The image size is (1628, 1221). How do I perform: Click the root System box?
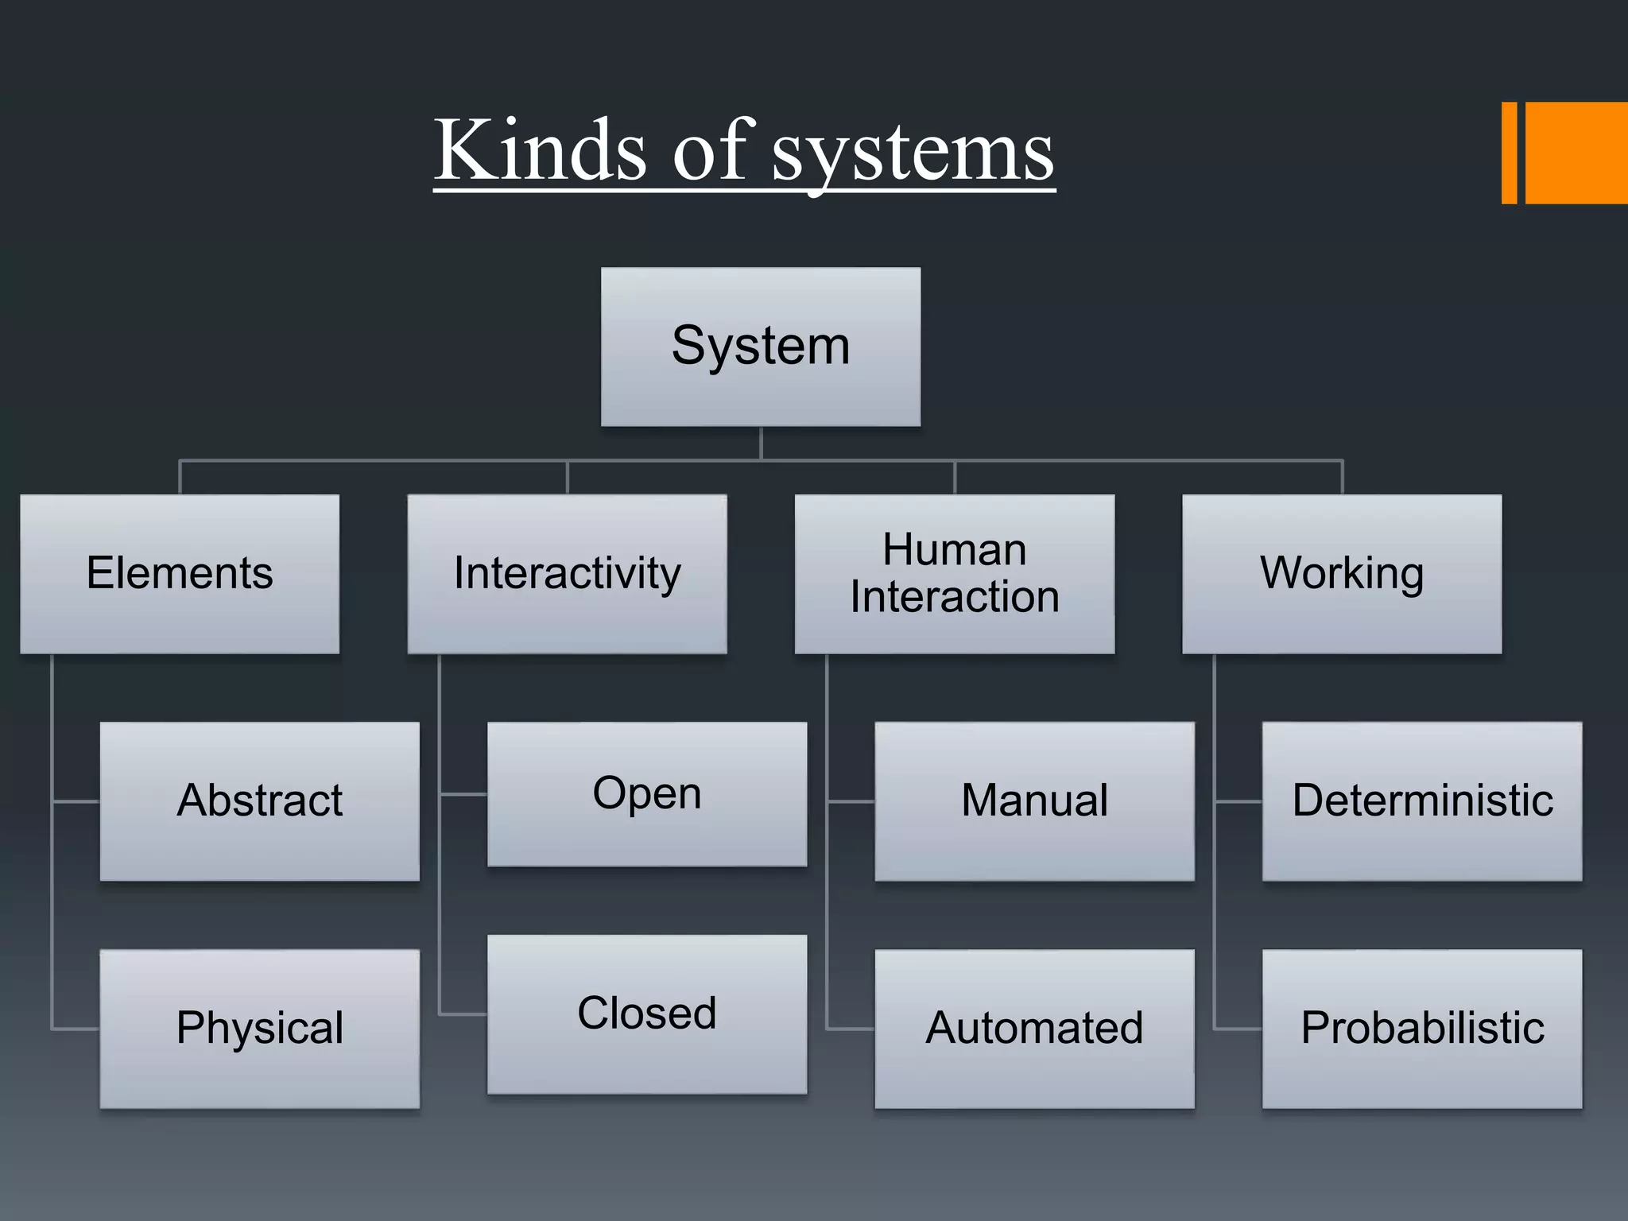point(761,347)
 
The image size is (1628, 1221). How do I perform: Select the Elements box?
point(180,574)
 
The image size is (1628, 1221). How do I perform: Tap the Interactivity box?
point(567,574)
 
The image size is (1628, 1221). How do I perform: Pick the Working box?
point(1342,574)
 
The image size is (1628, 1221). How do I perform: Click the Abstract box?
point(259,801)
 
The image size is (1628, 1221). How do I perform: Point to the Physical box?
point(259,1029)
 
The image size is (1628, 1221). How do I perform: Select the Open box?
point(647,794)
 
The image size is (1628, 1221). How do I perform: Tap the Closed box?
point(647,1014)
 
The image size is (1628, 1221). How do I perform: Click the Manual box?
point(1034,801)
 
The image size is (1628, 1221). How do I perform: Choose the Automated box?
point(1034,1029)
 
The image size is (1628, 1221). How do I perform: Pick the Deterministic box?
point(1422,801)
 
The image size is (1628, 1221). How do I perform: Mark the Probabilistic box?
point(1422,1029)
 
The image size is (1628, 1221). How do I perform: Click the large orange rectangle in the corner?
point(1576,153)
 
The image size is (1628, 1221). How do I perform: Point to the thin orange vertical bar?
point(1509,153)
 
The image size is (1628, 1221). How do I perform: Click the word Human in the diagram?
point(954,550)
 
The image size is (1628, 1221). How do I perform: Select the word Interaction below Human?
point(954,597)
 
